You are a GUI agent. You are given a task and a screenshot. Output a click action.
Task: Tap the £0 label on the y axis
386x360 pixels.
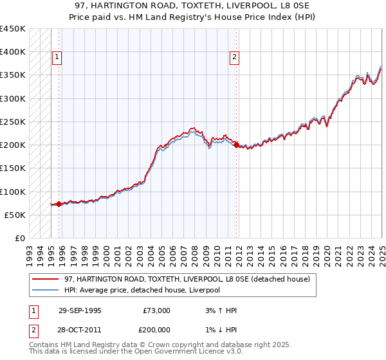(19, 238)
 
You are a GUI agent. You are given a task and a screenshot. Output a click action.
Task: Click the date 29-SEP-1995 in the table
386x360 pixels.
(80, 310)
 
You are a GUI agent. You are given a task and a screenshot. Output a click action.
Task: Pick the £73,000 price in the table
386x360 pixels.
(156, 310)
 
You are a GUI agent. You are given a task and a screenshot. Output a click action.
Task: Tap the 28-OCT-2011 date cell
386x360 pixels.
(80, 328)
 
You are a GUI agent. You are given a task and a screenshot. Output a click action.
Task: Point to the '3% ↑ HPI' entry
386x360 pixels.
(219, 310)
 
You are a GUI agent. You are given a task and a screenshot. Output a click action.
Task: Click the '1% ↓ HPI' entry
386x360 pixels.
(219, 328)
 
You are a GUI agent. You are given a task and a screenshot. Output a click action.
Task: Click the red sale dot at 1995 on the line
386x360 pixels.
(59, 204)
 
